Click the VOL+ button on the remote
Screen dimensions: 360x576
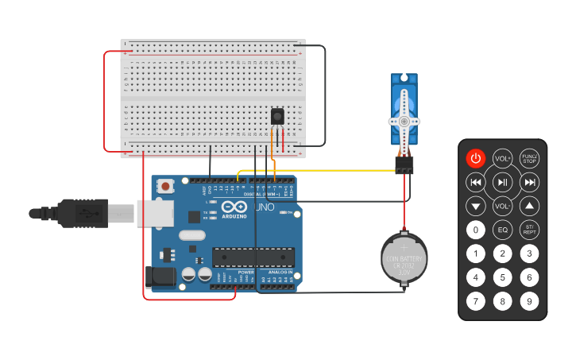point(502,158)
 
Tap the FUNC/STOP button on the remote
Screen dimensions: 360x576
point(529,158)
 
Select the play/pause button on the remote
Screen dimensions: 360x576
point(502,182)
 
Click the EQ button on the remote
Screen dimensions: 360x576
point(502,230)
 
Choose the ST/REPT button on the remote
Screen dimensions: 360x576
point(529,230)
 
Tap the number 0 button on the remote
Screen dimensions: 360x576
point(475,230)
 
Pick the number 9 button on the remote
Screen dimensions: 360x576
point(529,301)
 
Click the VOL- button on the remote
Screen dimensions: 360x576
point(502,206)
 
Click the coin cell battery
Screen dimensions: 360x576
point(404,258)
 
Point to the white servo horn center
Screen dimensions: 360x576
point(404,121)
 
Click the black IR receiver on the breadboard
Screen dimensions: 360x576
point(277,116)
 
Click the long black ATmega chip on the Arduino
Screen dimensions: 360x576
point(253,257)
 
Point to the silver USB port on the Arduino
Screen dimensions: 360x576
point(154,212)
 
